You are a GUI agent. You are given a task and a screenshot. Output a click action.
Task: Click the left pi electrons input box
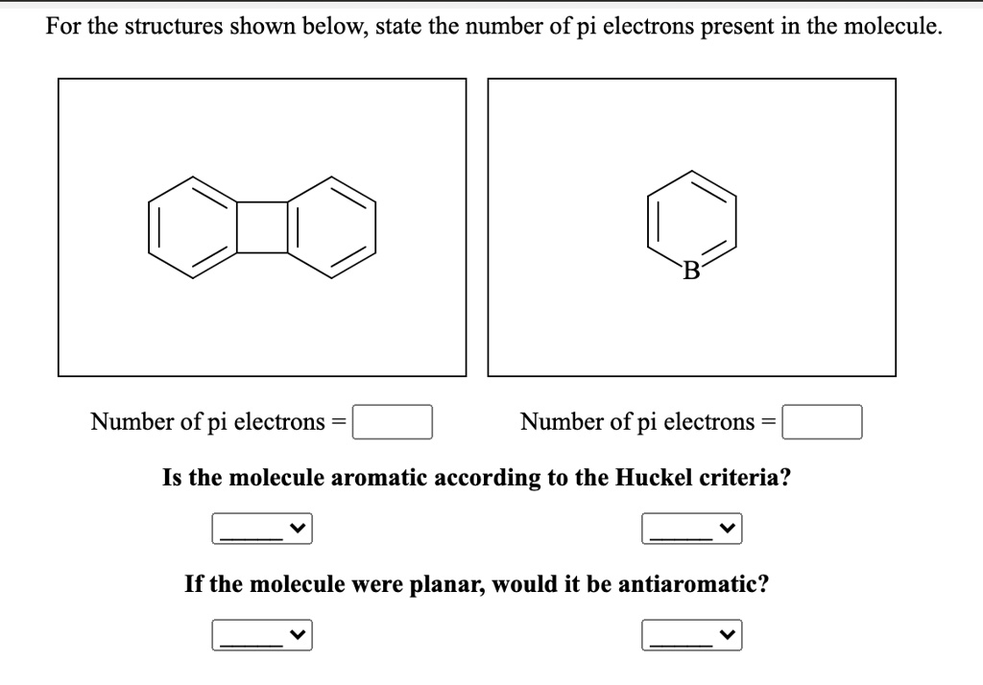[x=393, y=422]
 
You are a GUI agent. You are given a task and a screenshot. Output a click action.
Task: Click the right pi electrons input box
[x=822, y=422]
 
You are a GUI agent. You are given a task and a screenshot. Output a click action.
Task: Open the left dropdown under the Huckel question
[x=262, y=528]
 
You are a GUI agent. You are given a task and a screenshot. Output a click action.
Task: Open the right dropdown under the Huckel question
[x=692, y=528]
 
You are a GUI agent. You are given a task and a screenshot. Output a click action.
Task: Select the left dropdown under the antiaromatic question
[x=262, y=634]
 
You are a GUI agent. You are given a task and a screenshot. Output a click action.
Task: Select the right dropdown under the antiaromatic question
[x=692, y=634]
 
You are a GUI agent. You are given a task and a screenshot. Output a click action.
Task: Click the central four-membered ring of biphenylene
[x=261, y=227]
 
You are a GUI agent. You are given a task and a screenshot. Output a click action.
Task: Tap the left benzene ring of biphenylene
[x=192, y=227]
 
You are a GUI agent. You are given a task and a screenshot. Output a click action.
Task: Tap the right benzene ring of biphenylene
[x=331, y=227]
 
